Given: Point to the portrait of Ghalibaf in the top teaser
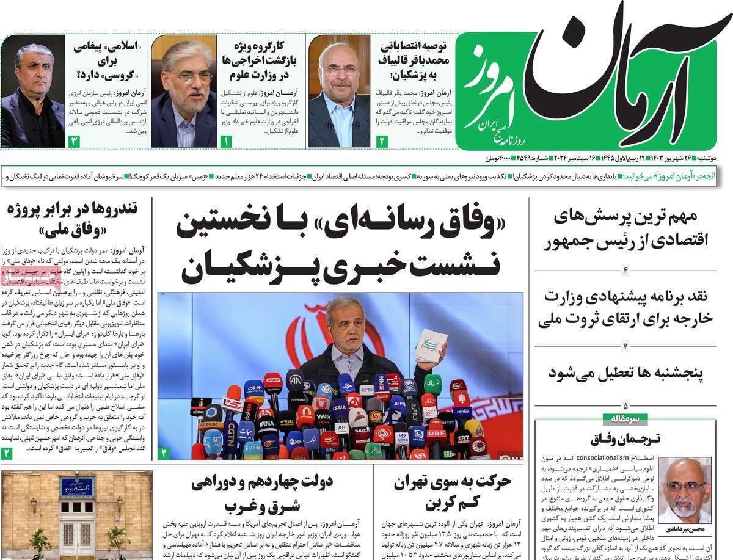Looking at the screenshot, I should (339, 92).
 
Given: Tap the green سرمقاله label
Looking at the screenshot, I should (621, 419).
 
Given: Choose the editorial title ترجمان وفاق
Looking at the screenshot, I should (621, 438).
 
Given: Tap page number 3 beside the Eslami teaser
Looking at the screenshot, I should (74, 142).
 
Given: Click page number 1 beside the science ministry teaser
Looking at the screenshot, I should (226, 142).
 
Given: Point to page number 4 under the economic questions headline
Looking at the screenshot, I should (625, 269).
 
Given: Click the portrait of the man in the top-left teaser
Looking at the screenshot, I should (33, 92).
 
